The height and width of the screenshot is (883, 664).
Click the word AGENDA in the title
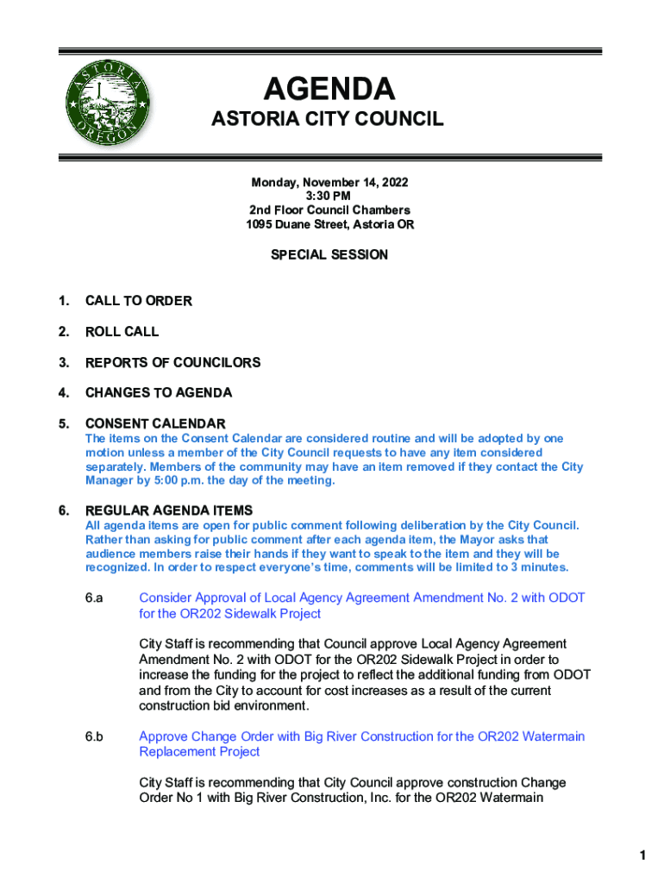click(329, 89)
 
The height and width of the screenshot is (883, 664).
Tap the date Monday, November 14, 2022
click(329, 183)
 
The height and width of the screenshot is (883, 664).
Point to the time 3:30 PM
click(329, 197)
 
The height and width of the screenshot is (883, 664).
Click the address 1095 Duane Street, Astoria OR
click(329, 225)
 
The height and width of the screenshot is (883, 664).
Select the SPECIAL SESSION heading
click(329, 255)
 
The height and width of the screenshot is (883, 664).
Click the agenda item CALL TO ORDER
click(138, 301)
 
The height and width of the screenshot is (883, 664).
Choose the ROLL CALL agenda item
click(122, 332)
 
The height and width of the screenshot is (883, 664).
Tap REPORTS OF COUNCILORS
click(172, 363)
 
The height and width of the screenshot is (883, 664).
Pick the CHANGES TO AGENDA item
click(158, 393)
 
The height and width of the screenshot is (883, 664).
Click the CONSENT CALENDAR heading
click(155, 424)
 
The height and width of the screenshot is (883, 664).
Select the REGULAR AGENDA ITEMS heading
click(168, 510)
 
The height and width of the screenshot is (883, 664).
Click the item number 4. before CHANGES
click(63, 393)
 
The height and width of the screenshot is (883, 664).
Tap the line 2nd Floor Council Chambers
click(329, 210)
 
